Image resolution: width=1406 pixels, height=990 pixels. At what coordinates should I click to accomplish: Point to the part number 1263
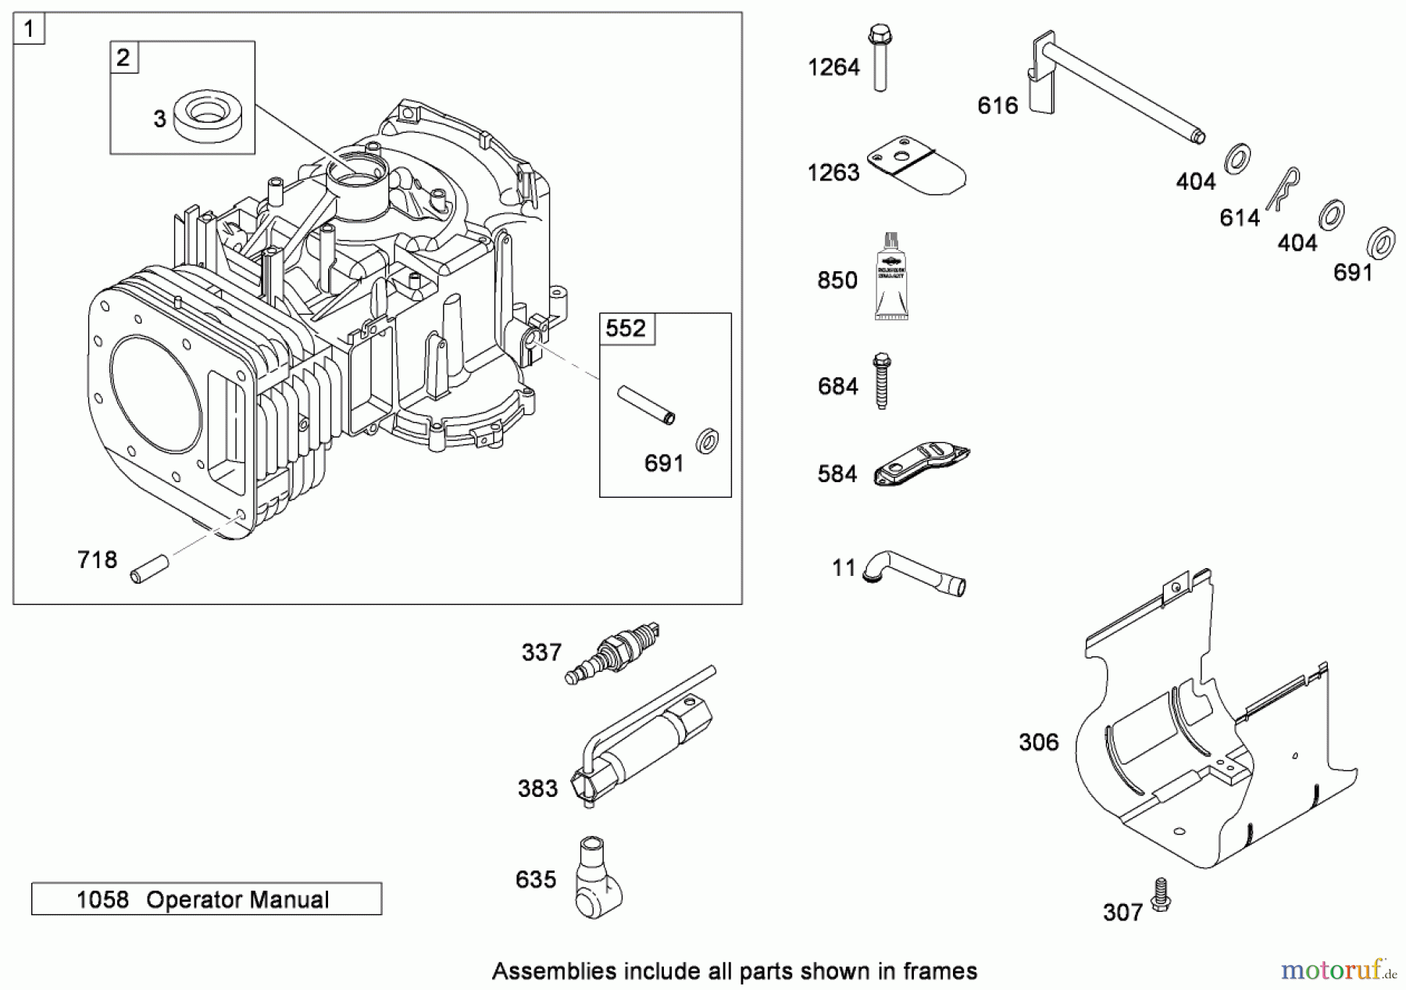pos(833,173)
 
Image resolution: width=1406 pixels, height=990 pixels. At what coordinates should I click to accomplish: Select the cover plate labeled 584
pos(922,466)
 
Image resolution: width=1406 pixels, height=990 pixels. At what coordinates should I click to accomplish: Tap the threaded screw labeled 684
pos(881,381)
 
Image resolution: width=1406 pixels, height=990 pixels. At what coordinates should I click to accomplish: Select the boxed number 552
pos(626,328)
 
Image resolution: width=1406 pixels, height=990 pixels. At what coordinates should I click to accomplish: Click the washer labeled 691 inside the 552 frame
pos(708,442)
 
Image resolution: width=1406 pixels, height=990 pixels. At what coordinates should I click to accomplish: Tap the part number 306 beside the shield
pos(1038,742)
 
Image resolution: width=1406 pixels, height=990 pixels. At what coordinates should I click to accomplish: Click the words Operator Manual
pos(237,900)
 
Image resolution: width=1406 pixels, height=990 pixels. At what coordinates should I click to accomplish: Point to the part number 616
pos(997,105)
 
